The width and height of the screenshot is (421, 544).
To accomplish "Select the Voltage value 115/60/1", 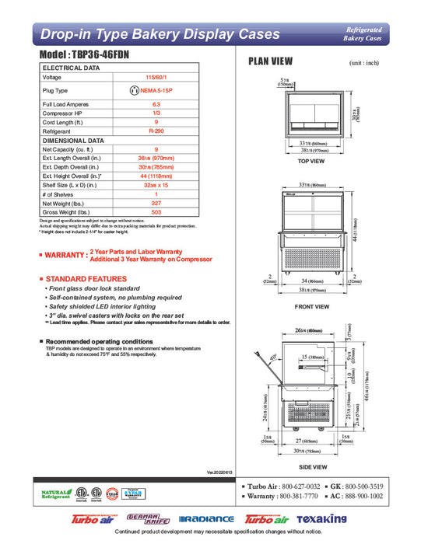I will [x=156, y=78].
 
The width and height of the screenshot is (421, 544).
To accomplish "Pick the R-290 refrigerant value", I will [x=156, y=131].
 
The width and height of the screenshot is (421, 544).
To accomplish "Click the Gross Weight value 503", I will [x=156, y=211].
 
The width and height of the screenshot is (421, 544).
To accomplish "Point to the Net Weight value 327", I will [x=156, y=202].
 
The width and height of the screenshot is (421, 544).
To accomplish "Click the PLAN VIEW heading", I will [x=270, y=61].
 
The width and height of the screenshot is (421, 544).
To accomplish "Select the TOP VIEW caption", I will [x=311, y=162].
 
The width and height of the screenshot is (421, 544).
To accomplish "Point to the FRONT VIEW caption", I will [x=311, y=306].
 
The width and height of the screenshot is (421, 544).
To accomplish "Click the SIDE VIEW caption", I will [x=311, y=468].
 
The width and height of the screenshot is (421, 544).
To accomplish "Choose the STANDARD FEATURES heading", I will [x=86, y=278].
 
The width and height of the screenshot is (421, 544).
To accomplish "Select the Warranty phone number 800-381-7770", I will [x=302, y=496].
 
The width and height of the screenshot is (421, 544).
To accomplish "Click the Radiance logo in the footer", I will [x=206, y=518].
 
